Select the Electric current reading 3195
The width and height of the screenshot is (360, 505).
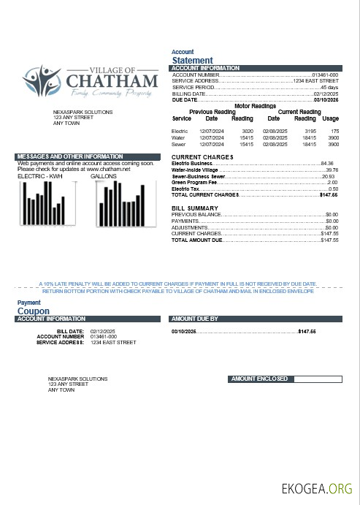pos(310,130)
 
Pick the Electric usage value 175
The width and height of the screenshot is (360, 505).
pos(334,130)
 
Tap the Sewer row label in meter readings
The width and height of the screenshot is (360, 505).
pos(178,145)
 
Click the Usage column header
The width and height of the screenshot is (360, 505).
pos(331,118)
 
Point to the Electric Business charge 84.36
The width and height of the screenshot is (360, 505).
pos(326,163)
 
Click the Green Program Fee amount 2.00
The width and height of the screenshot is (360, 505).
pos(332,182)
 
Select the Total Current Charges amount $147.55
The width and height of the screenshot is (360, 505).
pos(329,195)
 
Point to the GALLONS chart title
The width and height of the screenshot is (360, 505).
pos(103,176)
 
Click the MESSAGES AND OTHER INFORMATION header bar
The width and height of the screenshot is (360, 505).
pos(87,156)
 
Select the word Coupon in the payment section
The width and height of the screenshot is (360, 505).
pos(33,311)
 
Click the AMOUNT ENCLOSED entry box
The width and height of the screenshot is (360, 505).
pos(315,379)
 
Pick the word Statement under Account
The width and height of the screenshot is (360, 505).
pos(192,61)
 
